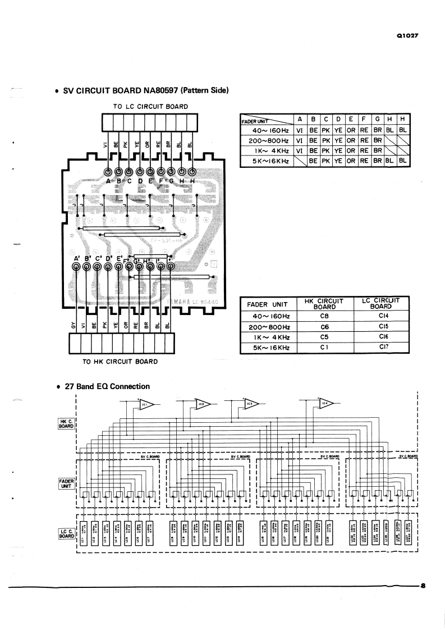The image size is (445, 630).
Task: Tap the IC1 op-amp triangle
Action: (x=146, y=404)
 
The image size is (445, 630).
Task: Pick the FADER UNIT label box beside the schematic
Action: (x=66, y=483)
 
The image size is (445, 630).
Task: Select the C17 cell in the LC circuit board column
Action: (x=384, y=348)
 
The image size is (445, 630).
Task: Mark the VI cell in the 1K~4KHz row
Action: (x=300, y=150)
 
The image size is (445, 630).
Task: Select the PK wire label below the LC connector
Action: (x=126, y=144)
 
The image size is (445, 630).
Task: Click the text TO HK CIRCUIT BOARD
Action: (x=120, y=362)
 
